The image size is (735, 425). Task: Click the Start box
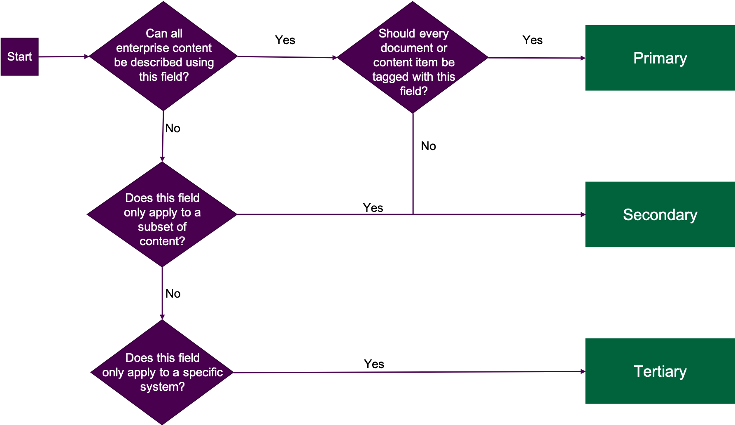click(19, 57)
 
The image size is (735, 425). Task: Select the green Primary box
click(660, 58)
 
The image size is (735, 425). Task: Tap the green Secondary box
click(660, 214)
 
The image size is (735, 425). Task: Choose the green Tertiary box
click(660, 371)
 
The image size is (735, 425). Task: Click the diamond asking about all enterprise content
click(163, 56)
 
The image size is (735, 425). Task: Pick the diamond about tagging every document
click(413, 58)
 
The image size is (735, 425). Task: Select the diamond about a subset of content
click(162, 214)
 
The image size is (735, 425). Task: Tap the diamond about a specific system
click(162, 372)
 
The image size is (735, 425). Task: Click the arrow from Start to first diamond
click(64, 56)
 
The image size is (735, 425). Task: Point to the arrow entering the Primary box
click(535, 58)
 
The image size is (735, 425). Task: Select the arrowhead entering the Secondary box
click(582, 214)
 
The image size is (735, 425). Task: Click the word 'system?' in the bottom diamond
click(162, 387)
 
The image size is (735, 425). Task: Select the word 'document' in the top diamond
click(401, 48)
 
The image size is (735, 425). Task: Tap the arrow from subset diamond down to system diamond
click(162, 293)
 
